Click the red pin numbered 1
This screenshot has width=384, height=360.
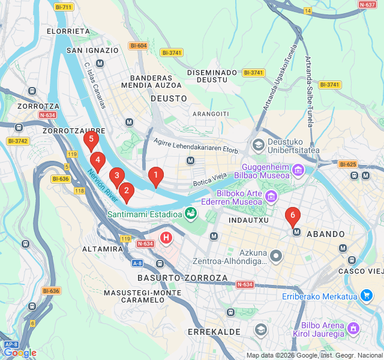[x=155, y=176]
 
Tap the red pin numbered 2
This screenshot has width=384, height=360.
[x=126, y=191]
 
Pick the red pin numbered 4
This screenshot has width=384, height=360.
[x=98, y=160]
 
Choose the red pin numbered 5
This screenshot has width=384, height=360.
[x=91, y=140]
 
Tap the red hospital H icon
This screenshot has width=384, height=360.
[x=166, y=237]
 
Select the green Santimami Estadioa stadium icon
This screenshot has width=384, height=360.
[x=191, y=213]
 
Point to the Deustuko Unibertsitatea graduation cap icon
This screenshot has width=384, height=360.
[x=259, y=144]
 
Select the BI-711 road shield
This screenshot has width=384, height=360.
[x=63, y=7]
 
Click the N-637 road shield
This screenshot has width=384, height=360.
[x=367, y=4]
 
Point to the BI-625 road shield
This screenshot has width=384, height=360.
[x=347, y=164]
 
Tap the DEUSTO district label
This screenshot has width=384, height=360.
[x=165, y=98]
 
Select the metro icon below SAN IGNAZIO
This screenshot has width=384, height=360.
[x=100, y=63]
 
